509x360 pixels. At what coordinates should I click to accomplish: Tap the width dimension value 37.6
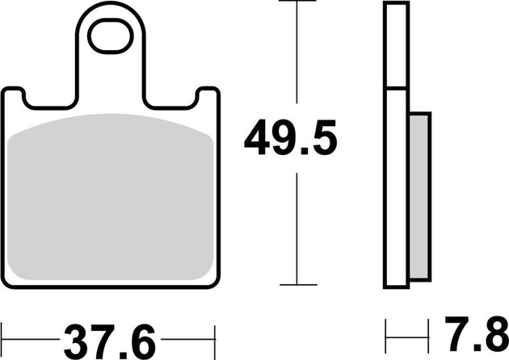(x=109, y=333)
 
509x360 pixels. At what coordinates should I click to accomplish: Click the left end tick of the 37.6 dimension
(x=3, y=333)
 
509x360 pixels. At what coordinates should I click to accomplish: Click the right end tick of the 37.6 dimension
(x=217, y=333)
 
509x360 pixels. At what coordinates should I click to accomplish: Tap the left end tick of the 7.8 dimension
(x=386, y=333)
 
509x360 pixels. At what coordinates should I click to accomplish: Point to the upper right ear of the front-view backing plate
(x=208, y=97)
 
